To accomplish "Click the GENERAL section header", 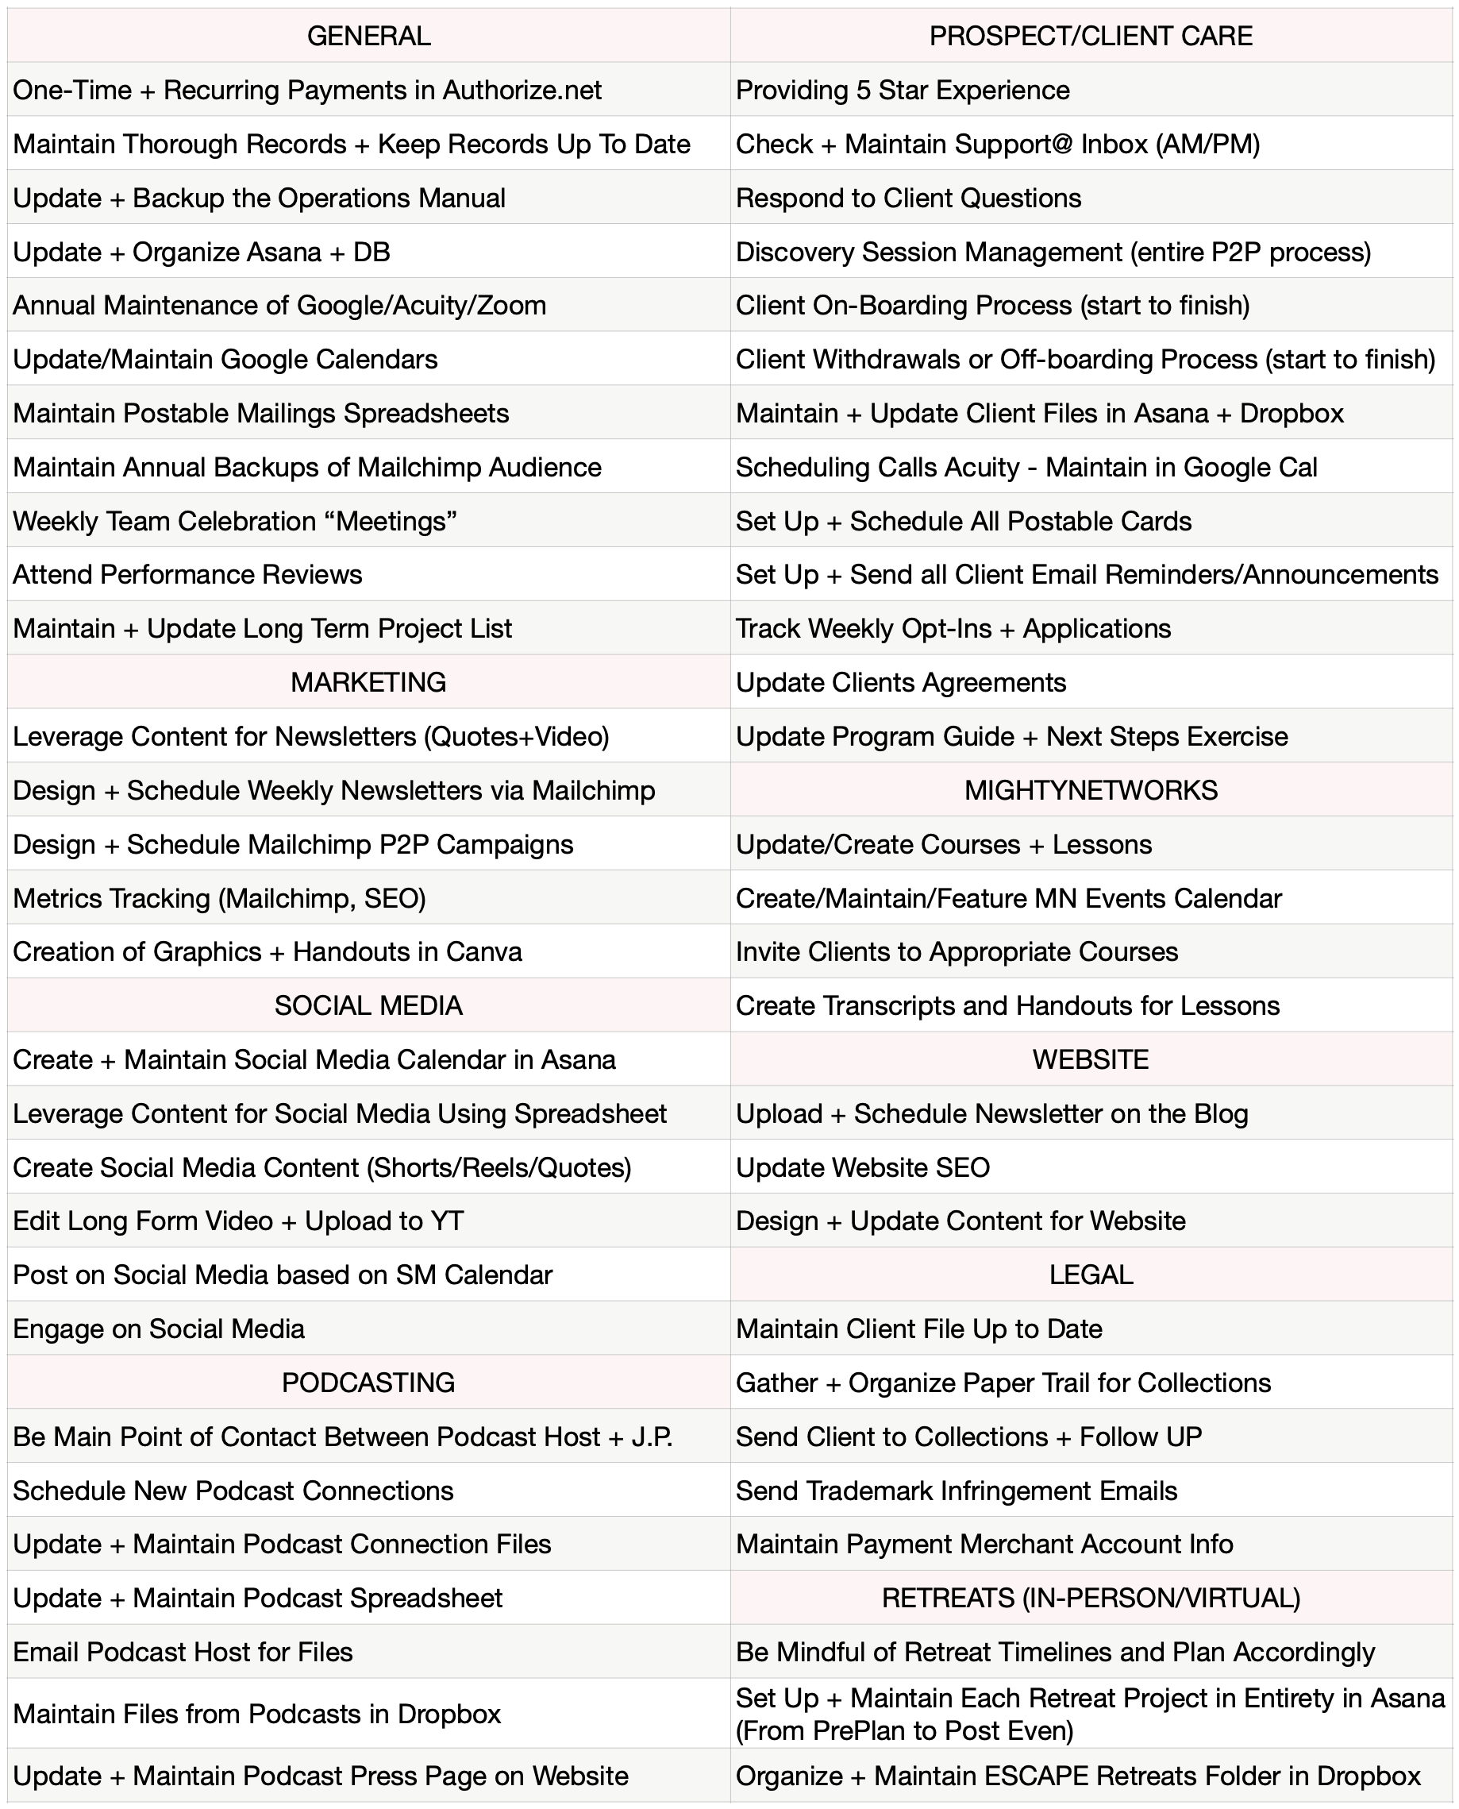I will click(368, 37).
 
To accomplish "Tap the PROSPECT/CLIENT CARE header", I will click(1090, 37).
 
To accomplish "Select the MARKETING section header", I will click(368, 681).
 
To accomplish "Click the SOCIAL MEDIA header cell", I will click(368, 1005).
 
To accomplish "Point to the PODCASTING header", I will click(368, 1382).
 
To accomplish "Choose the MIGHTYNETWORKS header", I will click(1090, 790).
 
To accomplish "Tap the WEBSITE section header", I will click(1090, 1059).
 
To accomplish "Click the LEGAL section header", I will click(1090, 1275).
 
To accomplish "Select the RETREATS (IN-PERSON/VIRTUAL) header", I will click(1090, 1597).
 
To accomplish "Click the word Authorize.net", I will click(522, 90).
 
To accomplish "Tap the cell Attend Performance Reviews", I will click(187, 574).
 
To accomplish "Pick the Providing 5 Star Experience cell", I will click(903, 90).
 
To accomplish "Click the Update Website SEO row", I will click(862, 1167).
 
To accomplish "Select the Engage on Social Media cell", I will click(159, 1329).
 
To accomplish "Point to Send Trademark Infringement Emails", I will click(957, 1491).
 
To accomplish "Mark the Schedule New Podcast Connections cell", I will click(233, 1491).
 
